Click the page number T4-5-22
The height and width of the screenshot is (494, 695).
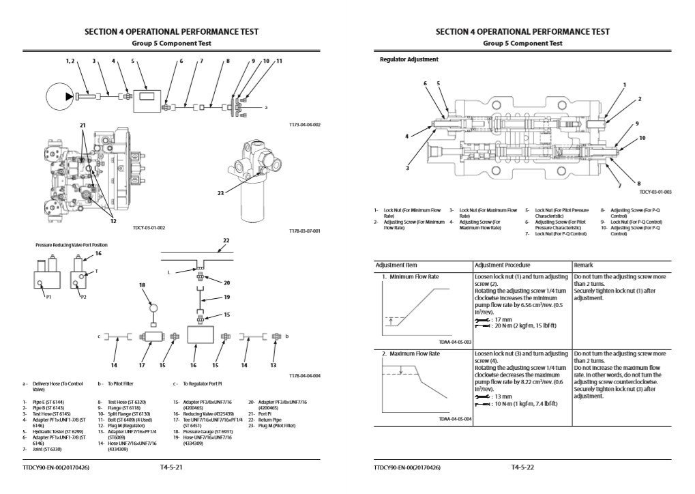(x=522, y=468)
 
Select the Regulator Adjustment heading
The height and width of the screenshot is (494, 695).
(x=409, y=59)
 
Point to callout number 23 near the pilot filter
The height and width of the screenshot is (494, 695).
(x=220, y=193)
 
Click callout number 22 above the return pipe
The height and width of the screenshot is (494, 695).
(x=226, y=240)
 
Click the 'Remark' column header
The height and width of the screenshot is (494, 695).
(x=585, y=264)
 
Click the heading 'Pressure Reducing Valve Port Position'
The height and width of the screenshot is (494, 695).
(x=71, y=244)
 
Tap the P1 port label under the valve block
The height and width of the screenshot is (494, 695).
(x=48, y=297)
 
